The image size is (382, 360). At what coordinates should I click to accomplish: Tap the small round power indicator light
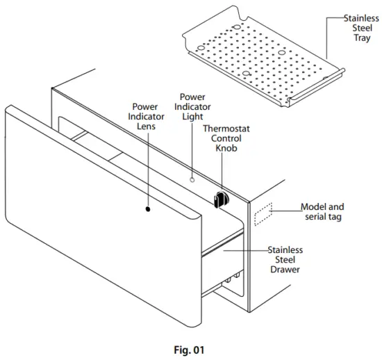coord(194,179)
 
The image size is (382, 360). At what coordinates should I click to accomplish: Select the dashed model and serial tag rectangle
coord(265,215)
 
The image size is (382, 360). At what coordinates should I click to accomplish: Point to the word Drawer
coord(285,269)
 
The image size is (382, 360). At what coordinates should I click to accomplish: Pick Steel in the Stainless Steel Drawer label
coord(285,259)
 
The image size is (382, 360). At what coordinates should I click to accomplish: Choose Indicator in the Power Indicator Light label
coord(192,107)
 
